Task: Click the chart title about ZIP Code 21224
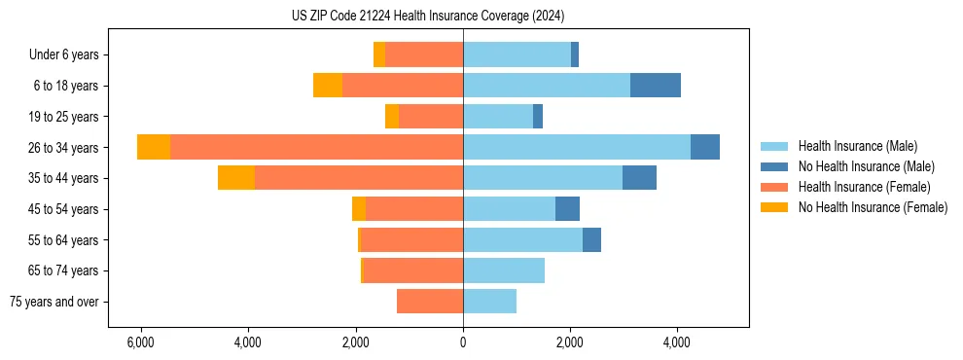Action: tap(427, 17)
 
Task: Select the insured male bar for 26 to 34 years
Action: tap(577, 147)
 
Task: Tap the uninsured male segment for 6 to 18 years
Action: tap(655, 86)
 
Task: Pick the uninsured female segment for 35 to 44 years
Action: tap(236, 178)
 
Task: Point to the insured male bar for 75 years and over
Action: tap(489, 302)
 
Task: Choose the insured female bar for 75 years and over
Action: tap(430, 302)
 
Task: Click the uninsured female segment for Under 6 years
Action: tap(379, 54)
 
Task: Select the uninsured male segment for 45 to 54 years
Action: tap(567, 209)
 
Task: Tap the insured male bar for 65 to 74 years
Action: tap(504, 270)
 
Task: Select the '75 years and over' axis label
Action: tap(53, 302)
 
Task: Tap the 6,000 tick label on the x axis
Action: tap(141, 342)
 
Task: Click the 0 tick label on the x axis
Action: tap(463, 342)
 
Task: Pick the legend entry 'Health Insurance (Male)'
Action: tap(857, 146)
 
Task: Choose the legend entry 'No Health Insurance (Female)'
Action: tap(873, 207)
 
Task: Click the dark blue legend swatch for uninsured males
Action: tap(774, 166)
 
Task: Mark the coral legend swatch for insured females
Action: tap(774, 187)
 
